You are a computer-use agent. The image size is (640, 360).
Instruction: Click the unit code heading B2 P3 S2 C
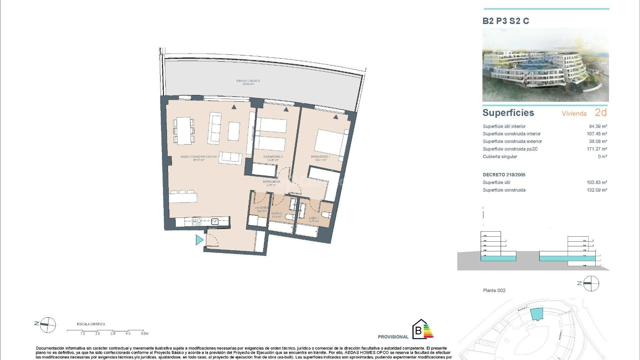[x=506, y=21]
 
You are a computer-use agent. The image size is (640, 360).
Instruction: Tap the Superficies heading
[x=508, y=113]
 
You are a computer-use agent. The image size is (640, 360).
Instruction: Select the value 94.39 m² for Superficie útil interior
[x=598, y=126]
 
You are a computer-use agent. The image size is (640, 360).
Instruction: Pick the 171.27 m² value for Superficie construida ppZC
[x=597, y=149]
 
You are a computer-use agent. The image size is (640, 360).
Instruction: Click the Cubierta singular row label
[x=500, y=157]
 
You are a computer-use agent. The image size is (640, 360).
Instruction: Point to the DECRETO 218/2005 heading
[x=504, y=175]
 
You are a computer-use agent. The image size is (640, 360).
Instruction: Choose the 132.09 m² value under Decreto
[x=597, y=190]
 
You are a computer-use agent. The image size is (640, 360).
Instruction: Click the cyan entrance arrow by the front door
[x=199, y=240]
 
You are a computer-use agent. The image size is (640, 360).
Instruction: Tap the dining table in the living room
[x=184, y=130]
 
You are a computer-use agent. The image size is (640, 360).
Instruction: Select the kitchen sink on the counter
[x=215, y=221]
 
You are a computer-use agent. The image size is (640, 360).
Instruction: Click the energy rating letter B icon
[x=418, y=332]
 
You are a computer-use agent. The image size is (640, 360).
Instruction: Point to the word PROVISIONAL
[x=393, y=337]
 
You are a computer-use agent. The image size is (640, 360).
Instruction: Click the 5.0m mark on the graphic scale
[x=145, y=333]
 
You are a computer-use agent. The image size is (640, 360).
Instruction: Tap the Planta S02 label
[x=494, y=290]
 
